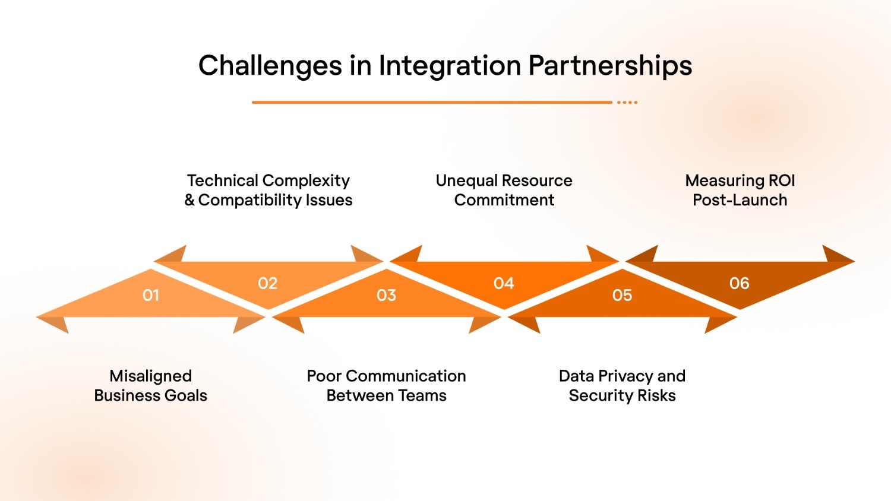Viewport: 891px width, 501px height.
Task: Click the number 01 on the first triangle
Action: [x=151, y=295]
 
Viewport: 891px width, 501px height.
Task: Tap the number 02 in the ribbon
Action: [x=268, y=283]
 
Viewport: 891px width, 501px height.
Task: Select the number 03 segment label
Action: [x=386, y=295]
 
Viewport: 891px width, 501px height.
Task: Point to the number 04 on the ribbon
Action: [x=504, y=283]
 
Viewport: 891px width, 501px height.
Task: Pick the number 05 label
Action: [x=622, y=295]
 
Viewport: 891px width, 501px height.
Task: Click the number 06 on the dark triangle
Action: [x=740, y=283]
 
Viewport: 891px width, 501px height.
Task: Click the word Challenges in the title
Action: [x=270, y=65]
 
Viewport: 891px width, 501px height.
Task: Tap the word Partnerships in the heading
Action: [x=610, y=65]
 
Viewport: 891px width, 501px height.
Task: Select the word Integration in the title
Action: [x=449, y=65]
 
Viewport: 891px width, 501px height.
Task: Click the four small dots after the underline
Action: [x=627, y=102]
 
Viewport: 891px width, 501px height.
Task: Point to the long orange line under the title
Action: [x=432, y=102]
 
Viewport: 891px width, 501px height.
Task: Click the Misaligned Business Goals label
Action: [x=151, y=386]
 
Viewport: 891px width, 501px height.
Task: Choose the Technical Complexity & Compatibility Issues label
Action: [x=268, y=190]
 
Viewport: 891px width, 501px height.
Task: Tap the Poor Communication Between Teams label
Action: [x=386, y=386]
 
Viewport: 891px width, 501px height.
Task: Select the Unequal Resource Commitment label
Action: [x=504, y=190]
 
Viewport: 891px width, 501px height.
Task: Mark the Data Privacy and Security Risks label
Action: [x=622, y=386]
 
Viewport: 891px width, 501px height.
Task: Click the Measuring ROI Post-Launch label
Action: [x=740, y=190]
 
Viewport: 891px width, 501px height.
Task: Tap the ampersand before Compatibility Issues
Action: [x=189, y=200]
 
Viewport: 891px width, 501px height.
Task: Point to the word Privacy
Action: [x=625, y=376]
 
